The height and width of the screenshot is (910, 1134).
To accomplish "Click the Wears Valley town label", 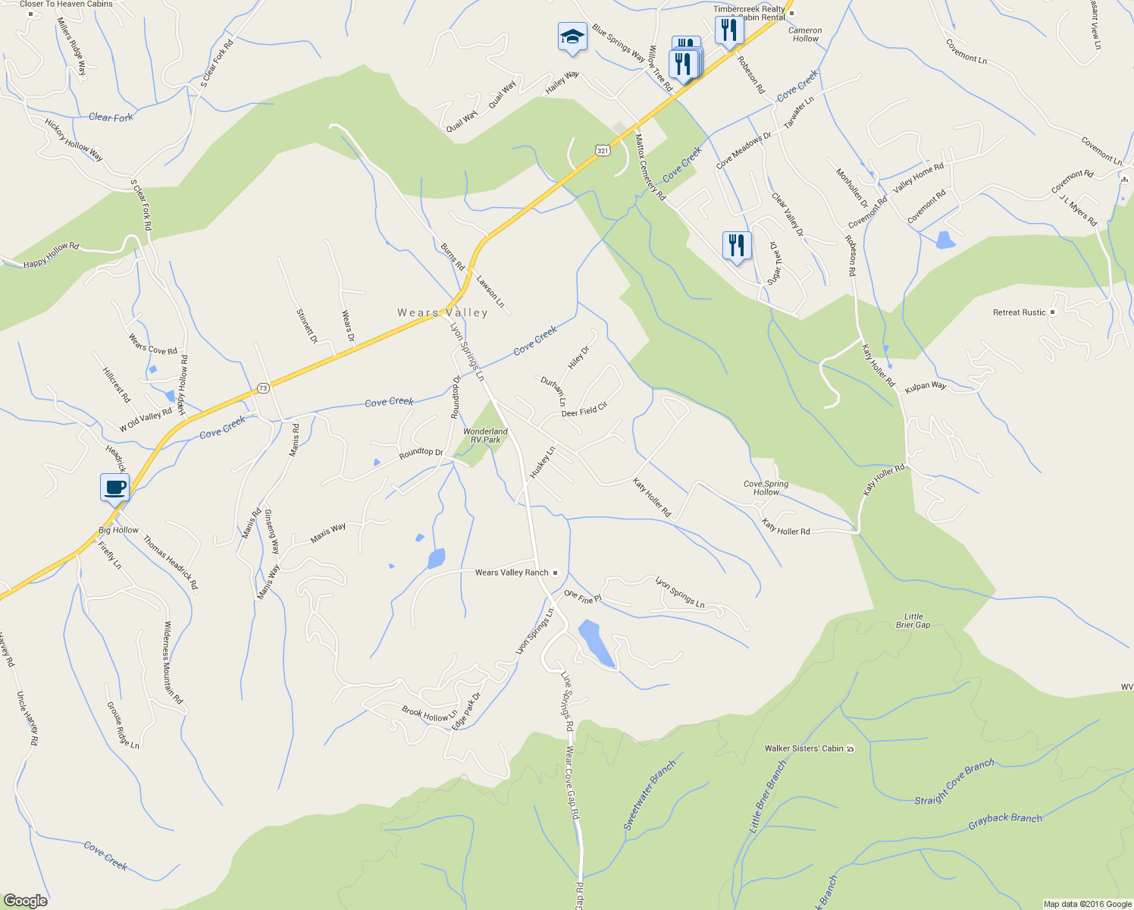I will pos(443,312).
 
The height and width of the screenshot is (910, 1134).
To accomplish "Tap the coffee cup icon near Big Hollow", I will pos(115,487).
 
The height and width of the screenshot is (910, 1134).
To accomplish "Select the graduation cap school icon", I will pos(572,36).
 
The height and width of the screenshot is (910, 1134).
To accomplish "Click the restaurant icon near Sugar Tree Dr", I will pos(736,246).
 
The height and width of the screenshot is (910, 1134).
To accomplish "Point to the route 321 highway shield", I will pos(603,151).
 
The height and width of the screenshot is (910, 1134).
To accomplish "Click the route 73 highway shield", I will pos(263,388).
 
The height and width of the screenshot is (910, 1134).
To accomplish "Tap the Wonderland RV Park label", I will pos(485,435).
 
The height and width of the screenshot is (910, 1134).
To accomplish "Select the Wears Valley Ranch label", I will pos(512,573).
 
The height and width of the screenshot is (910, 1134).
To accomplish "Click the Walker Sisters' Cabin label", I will pos(804,748).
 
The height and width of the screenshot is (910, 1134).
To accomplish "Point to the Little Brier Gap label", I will pos(913,620).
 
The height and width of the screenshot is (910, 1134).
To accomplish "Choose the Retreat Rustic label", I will pos(1019,312).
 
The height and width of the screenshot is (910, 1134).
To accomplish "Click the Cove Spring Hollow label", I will pos(766,488).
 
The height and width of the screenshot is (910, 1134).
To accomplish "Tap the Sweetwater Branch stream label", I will pos(649,795).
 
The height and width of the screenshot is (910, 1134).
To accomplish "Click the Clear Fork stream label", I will pos(111,117).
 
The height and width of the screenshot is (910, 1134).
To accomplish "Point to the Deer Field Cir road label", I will pos(584,410).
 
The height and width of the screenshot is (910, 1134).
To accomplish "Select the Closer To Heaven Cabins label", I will pos(66,5).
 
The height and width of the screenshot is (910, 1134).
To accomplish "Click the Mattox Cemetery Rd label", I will pos(650,167).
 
